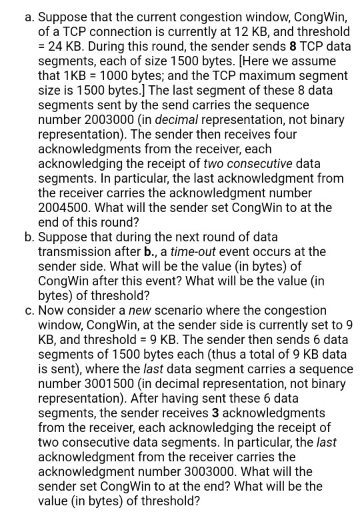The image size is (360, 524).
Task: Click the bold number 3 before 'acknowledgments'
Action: [215, 413]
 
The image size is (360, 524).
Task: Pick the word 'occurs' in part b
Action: [257, 252]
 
